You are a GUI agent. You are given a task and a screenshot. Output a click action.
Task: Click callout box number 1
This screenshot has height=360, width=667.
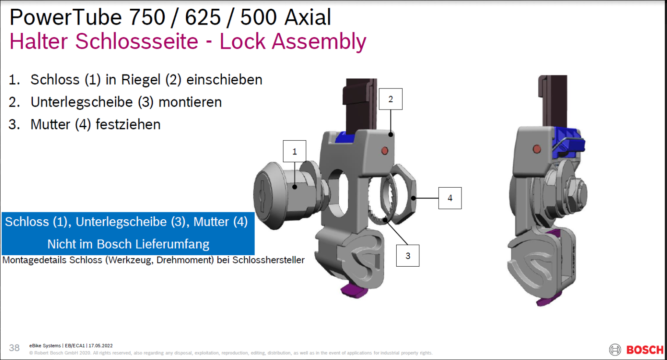(294, 151)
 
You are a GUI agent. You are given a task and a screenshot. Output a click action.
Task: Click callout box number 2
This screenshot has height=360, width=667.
(390, 99)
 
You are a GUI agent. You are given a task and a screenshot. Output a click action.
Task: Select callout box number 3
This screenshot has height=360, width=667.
(408, 256)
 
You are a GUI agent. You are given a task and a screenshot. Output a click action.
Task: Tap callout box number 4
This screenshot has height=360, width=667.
(450, 198)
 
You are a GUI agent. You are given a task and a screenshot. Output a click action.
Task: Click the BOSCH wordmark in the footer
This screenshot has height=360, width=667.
(645, 349)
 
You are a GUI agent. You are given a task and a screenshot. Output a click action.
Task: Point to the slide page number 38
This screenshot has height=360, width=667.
(14, 348)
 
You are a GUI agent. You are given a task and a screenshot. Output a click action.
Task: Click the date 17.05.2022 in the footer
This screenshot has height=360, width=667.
(101, 346)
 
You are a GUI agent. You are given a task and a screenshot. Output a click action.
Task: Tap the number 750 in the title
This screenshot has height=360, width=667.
(147, 17)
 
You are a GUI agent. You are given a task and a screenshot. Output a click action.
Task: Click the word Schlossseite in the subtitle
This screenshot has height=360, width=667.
(137, 41)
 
